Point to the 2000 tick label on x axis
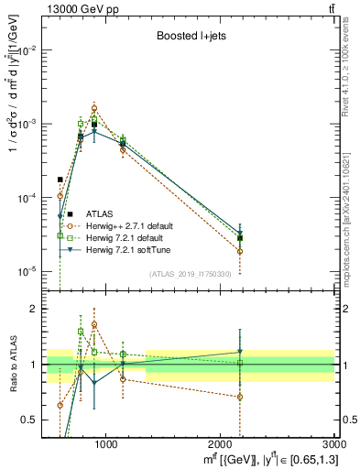pyautogui.click(x=221, y=444)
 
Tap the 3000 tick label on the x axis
pyautogui.click(x=333, y=444)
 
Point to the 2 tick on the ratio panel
pyautogui.click(x=37, y=309)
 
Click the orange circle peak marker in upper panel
pyautogui.click(x=93, y=108)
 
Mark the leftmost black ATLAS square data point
pyautogui.click(x=60, y=180)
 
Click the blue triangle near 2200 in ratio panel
pyautogui.click(x=240, y=352)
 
